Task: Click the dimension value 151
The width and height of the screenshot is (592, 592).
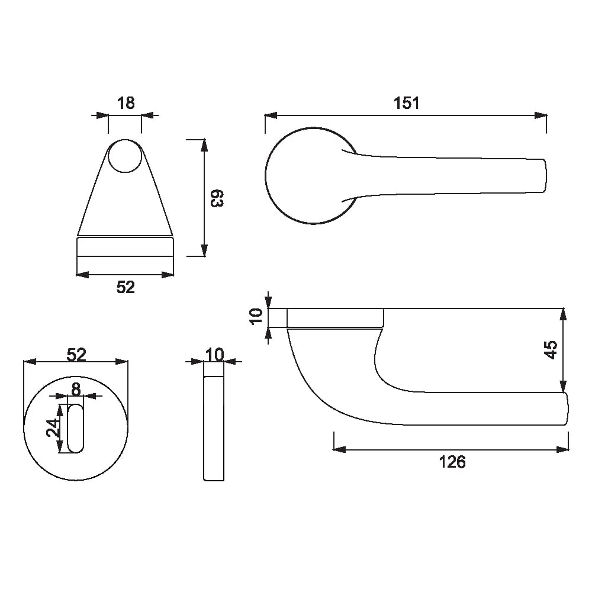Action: pos(406,102)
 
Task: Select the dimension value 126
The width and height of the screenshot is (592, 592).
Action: pos(452,462)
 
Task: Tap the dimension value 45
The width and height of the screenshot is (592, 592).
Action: pos(551,350)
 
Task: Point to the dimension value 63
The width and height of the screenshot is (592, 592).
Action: pos(217,198)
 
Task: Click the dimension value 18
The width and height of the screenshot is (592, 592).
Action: pos(126,102)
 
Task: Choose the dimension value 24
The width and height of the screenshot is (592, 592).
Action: pos(53,428)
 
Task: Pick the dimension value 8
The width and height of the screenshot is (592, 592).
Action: pos(76,389)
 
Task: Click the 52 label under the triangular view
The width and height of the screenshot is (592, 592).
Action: pos(126,287)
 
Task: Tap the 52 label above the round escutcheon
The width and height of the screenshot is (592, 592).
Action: pos(76,355)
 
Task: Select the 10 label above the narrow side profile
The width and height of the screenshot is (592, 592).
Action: pos(215,355)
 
